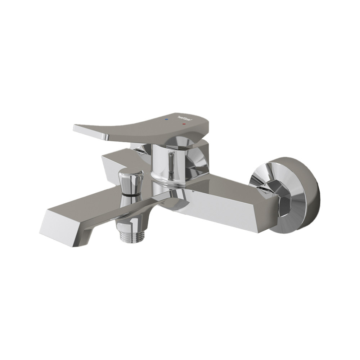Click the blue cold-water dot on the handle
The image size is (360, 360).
pyautogui.click(x=166, y=118)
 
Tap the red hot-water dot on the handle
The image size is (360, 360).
pyautogui.click(x=184, y=124)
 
